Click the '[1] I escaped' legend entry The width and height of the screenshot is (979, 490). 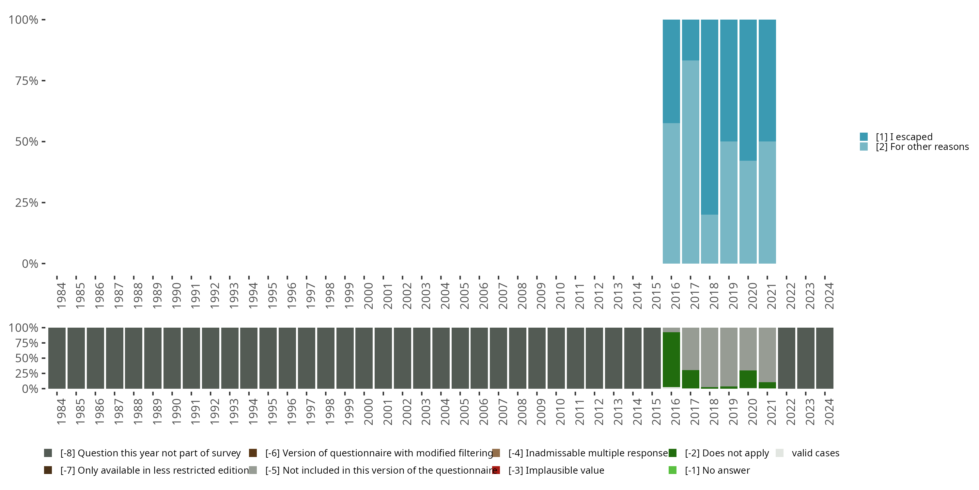(x=903, y=137)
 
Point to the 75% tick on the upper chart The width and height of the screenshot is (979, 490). (x=43, y=81)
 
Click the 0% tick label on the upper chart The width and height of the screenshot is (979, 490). (x=30, y=264)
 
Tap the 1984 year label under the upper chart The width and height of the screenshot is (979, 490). (x=61, y=296)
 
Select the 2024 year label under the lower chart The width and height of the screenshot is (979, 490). (x=829, y=412)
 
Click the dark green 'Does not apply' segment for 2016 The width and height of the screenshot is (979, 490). (x=671, y=360)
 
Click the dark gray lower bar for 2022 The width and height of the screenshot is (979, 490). (x=786, y=358)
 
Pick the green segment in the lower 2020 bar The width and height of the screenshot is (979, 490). (x=748, y=379)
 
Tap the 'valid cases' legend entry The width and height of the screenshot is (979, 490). (x=815, y=453)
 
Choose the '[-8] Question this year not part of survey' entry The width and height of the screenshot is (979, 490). (x=150, y=453)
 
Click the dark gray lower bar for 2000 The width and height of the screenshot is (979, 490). (x=364, y=358)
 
